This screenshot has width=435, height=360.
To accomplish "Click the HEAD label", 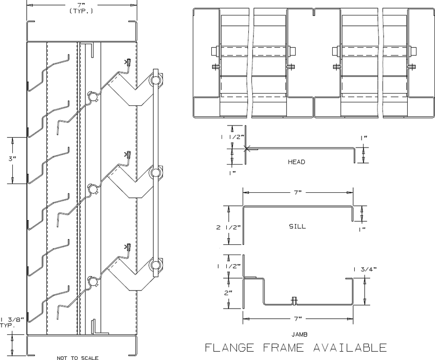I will [296, 162].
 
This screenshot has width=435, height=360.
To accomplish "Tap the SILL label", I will [297, 226].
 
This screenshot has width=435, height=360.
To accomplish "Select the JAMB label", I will [297, 334].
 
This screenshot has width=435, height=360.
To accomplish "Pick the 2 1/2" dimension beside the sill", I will [226, 227].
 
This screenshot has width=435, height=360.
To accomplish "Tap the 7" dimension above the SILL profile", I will [297, 192].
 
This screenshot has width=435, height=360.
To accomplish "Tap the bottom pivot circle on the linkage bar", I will [155, 265].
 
